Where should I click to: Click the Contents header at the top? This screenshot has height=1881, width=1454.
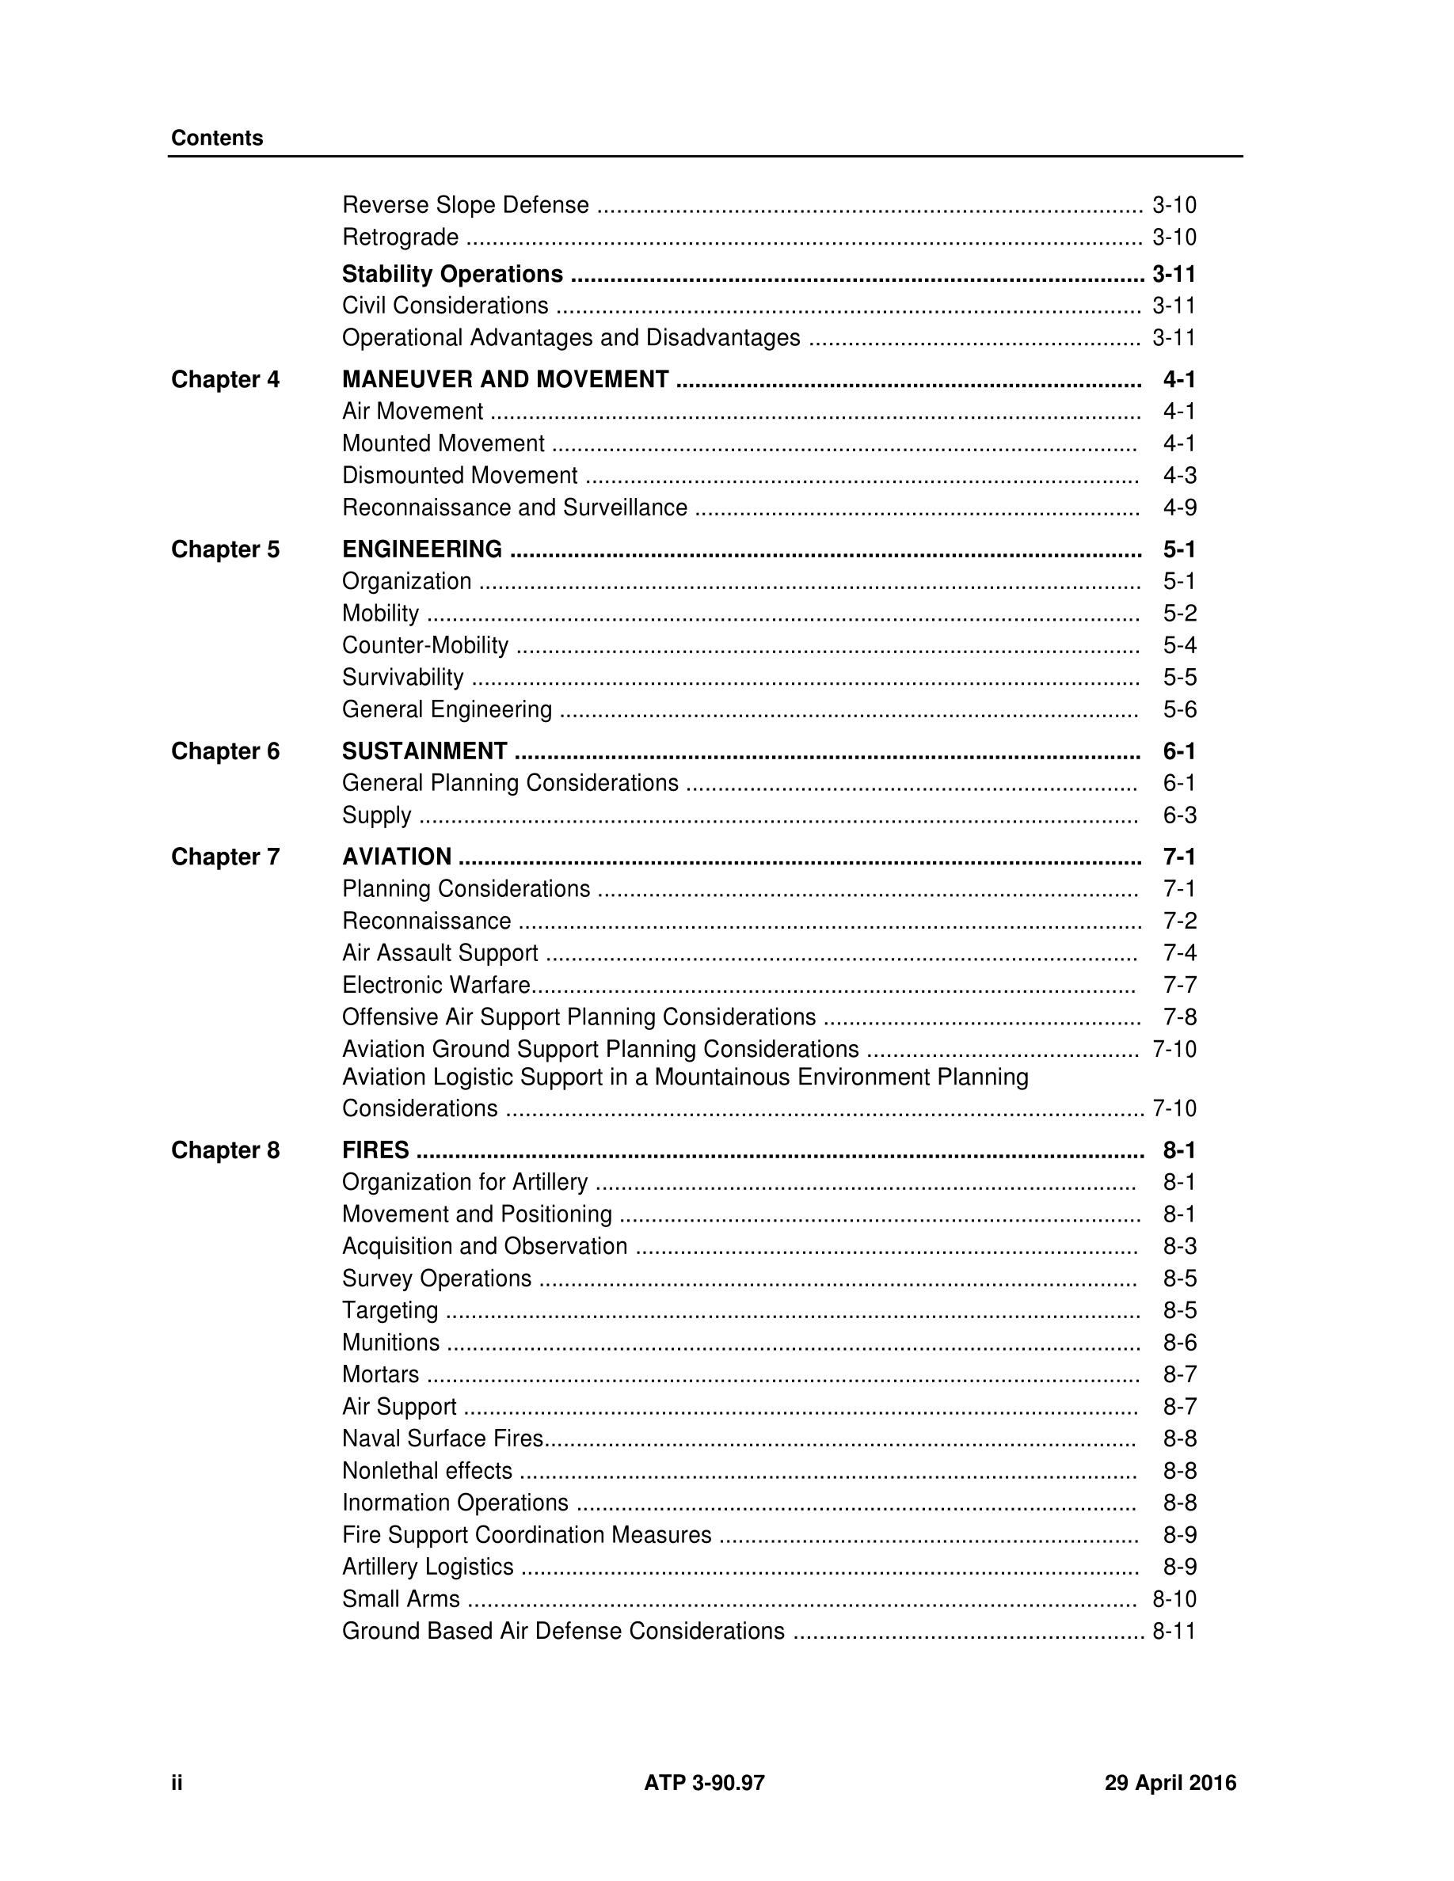tap(217, 138)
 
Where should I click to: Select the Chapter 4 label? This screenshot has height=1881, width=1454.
tap(225, 379)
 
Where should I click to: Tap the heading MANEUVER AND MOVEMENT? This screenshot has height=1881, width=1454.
tap(504, 379)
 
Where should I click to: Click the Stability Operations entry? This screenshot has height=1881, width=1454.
tap(452, 274)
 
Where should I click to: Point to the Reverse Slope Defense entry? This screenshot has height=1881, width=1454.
tap(465, 205)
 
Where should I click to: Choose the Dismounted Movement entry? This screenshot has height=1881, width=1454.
tap(459, 476)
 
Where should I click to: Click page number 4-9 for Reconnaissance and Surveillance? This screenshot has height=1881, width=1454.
tap(1179, 507)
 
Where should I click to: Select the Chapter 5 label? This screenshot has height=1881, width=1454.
tap(225, 549)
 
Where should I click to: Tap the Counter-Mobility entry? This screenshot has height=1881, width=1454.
tap(424, 645)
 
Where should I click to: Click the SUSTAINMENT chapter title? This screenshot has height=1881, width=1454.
tap(424, 751)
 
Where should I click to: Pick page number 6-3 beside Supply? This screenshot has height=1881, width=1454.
tap(1179, 815)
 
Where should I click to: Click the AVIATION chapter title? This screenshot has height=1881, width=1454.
tap(396, 856)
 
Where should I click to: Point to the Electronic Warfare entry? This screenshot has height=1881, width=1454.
tap(436, 984)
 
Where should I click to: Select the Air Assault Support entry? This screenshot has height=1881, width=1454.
tap(440, 952)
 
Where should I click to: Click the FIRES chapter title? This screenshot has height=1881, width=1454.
tap(375, 1149)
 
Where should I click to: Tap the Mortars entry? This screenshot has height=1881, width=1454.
tap(380, 1374)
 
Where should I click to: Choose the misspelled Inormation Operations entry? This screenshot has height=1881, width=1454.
tap(455, 1502)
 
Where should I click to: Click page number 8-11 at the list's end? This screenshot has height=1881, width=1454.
tap(1174, 1630)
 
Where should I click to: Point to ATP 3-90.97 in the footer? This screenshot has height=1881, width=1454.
tap(704, 1782)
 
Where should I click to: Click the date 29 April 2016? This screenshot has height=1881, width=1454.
tap(1170, 1782)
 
